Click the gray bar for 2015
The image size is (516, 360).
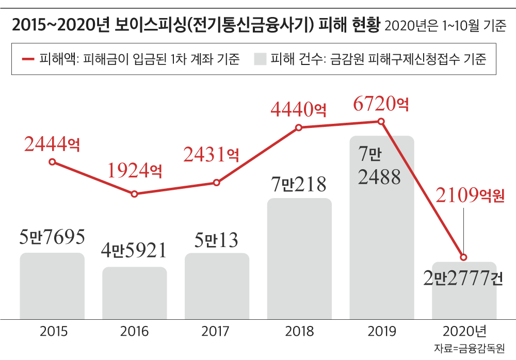(x=52, y=286)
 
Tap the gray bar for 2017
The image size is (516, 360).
(x=217, y=286)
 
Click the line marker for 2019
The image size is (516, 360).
(x=381, y=121)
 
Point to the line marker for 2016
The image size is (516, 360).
(x=135, y=194)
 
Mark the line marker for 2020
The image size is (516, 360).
(x=463, y=257)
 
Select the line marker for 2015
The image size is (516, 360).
(x=52, y=162)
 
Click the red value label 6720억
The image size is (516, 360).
(x=381, y=104)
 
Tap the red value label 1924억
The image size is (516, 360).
(x=135, y=170)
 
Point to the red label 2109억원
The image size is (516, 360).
(x=470, y=195)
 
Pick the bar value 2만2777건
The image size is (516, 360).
(x=463, y=279)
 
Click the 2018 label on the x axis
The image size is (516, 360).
(x=299, y=331)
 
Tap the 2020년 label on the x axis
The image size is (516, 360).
(x=464, y=331)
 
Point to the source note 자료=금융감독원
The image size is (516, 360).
(x=469, y=348)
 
